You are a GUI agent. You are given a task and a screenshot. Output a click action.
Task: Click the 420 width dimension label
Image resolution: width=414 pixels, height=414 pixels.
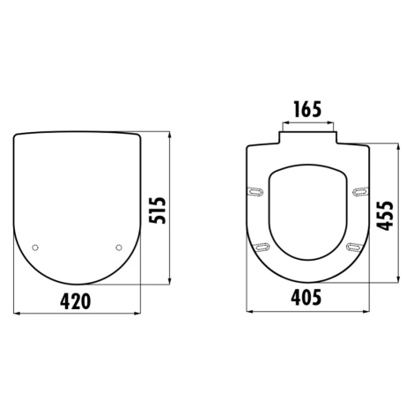(x=76, y=301)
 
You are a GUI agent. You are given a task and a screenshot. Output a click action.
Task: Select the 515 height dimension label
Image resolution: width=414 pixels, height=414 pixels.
(x=158, y=211)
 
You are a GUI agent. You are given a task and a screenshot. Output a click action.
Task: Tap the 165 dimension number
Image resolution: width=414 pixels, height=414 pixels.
(x=308, y=108)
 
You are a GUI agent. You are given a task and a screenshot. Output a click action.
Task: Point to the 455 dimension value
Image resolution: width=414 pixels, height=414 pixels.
(x=385, y=215)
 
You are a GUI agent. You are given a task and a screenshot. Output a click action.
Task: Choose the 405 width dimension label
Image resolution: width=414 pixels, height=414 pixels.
(x=307, y=298)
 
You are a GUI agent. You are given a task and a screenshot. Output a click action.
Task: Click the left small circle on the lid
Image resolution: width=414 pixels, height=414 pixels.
(x=35, y=248)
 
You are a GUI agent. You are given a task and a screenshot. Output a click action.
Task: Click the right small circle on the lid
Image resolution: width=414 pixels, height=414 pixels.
(x=119, y=248)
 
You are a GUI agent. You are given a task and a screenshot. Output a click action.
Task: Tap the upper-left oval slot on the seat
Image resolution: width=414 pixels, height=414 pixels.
(x=255, y=192)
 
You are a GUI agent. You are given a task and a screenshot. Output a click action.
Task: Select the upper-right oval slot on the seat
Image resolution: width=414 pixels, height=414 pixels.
(x=360, y=192)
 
